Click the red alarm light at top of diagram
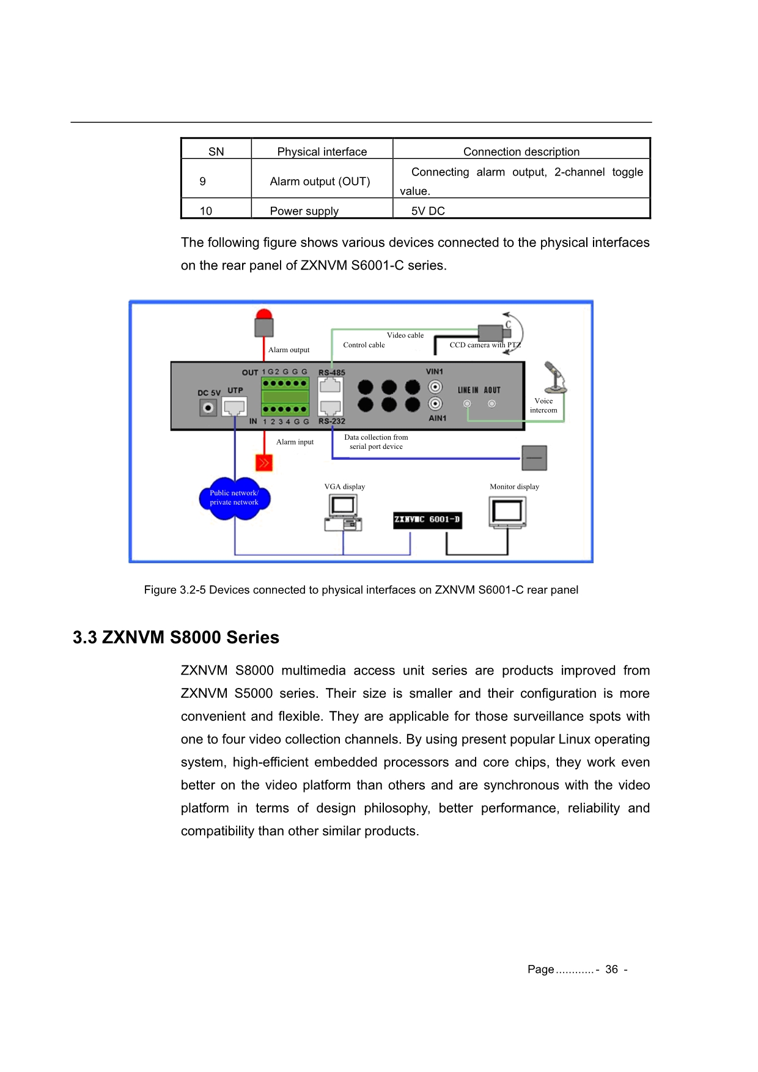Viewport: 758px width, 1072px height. pos(264,323)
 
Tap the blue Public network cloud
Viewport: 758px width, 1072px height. pos(235,498)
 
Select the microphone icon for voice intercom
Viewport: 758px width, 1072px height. pos(555,377)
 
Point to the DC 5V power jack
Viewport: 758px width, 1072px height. pos(208,407)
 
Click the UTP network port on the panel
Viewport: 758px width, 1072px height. pos(235,407)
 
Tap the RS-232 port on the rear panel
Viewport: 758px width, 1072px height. pos(330,407)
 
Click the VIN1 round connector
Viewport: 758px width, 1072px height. pos(435,387)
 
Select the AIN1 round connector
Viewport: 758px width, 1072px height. pos(435,404)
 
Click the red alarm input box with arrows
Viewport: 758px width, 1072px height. pos(264,462)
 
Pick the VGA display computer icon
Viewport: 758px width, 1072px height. pos(344,512)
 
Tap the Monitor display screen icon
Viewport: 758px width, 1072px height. pos(507,512)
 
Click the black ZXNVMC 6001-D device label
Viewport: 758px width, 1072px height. pos(427,520)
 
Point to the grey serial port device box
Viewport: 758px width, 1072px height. pos(534,457)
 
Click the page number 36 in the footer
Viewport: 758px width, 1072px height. pos(611,969)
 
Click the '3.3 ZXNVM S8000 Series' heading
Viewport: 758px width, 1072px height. pos(176,637)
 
